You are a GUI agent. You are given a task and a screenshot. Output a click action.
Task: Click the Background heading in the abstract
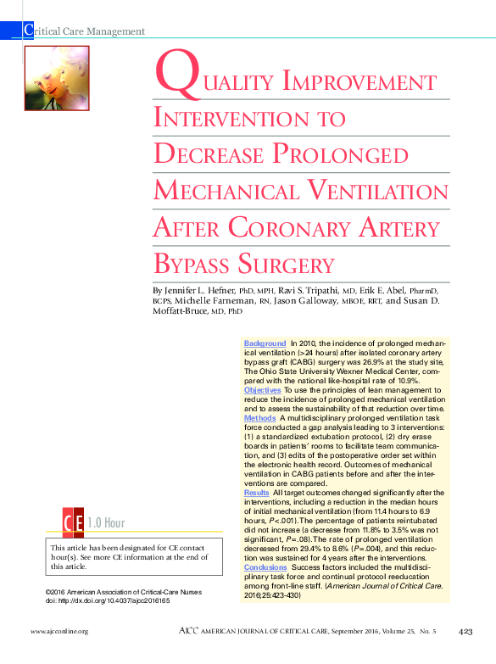tap(265, 343)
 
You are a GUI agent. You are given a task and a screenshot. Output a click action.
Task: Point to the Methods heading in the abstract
tap(259, 418)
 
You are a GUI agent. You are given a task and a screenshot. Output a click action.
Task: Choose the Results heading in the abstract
tap(256, 493)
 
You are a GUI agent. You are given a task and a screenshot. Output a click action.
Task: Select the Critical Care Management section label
tap(85, 31)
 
